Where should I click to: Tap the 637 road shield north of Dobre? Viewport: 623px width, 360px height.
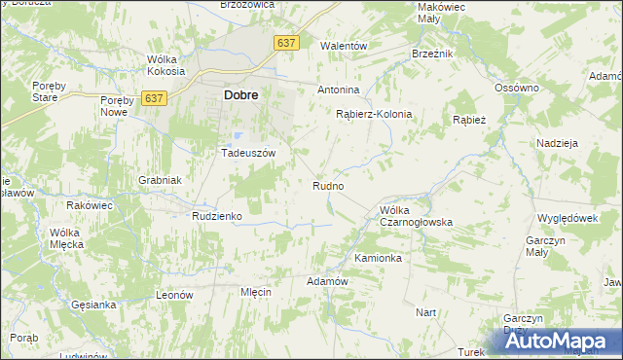[286, 44]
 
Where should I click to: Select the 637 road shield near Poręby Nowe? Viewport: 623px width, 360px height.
[154, 98]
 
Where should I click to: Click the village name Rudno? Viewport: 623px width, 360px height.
[328, 185]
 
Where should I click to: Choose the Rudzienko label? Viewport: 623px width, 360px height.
[217, 216]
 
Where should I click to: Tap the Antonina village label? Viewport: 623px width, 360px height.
[339, 90]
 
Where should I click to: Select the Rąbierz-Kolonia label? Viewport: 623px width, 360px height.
[374, 114]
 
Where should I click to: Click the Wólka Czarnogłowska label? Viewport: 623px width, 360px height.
[417, 216]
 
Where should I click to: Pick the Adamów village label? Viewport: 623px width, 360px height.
[327, 280]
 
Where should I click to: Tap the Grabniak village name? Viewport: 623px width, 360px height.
[161, 180]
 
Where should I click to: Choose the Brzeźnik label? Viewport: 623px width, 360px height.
[432, 54]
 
